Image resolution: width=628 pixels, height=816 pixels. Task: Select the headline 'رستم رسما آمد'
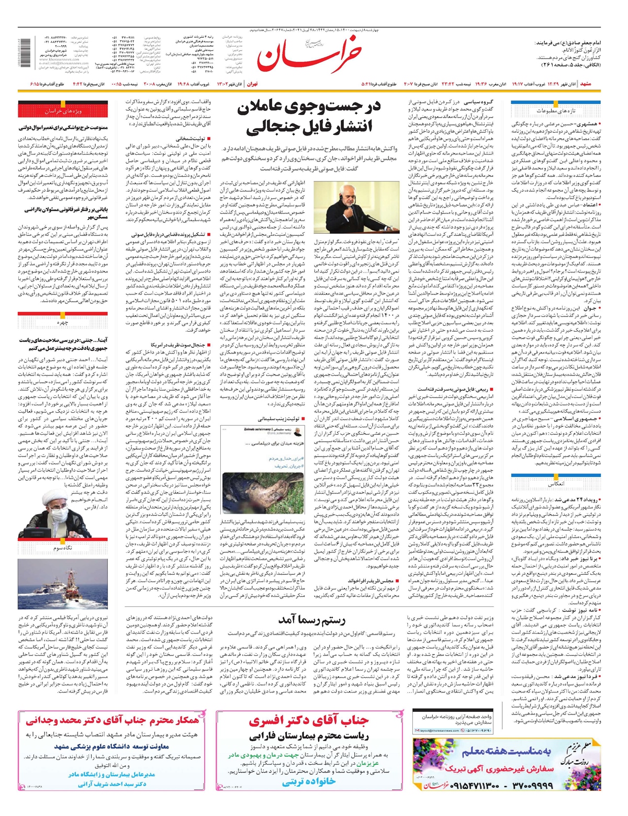312,620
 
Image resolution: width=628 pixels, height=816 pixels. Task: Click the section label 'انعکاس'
556,484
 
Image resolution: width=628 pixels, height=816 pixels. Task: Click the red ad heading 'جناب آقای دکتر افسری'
308,721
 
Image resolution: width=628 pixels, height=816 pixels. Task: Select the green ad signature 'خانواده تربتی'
308,783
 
